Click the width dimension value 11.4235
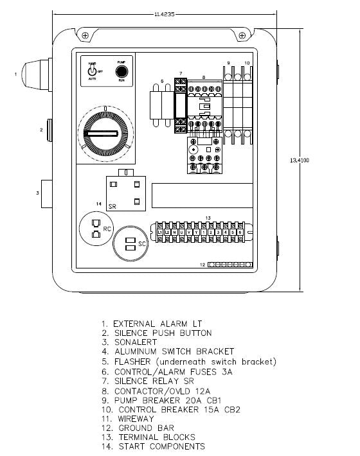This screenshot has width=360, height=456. click(x=165, y=13)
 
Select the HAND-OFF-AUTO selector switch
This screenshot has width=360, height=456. click(x=93, y=71)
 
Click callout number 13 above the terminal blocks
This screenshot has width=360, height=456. click(x=208, y=218)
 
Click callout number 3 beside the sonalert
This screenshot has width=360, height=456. click(x=37, y=193)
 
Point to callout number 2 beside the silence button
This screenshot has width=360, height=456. click(x=41, y=130)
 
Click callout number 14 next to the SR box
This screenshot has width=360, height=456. click(x=98, y=204)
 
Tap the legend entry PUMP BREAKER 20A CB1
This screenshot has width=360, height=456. click(x=166, y=399)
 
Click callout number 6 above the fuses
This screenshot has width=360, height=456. click(x=162, y=82)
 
